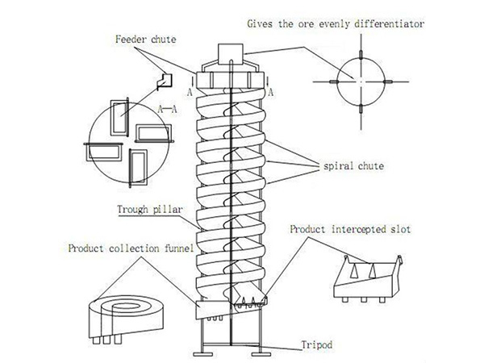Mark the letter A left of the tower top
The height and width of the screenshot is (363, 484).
click(188, 91)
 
